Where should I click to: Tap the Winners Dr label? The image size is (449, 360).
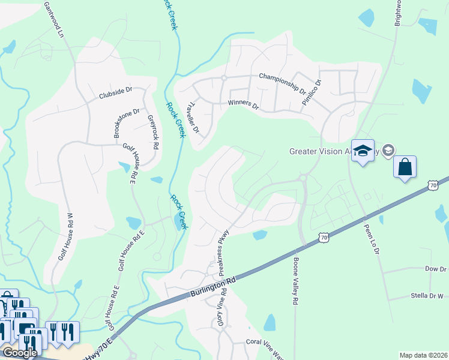[x=243, y=105]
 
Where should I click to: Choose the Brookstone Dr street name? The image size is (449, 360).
[x=127, y=123]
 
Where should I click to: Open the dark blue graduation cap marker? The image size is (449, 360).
[x=363, y=151]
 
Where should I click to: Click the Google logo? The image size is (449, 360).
[x=19, y=353]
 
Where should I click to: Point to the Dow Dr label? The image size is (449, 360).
[x=433, y=269]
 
